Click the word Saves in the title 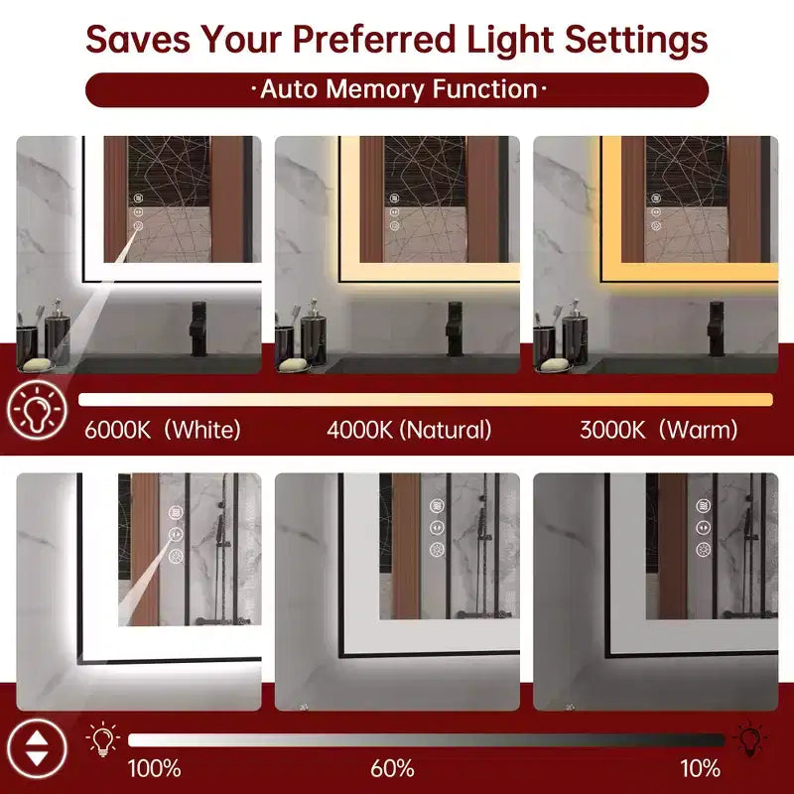[x=138, y=39]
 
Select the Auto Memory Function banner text [x=399, y=89]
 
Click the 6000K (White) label [x=163, y=430]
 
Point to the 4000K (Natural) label [x=409, y=430]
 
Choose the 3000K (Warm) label [x=658, y=430]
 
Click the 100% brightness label [x=154, y=768]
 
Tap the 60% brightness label [x=392, y=768]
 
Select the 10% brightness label [x=700, y=768]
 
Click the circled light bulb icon [x=37, y=409]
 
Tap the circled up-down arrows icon [x=37, y=749]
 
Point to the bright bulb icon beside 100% [x=103, y=738]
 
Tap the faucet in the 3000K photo [x=716, y=329]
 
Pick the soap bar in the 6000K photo [x=37, y=364]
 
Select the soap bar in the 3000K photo [x=554, y=364]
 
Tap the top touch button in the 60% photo [x=437, y=505]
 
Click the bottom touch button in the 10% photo [x=703, y=550]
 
